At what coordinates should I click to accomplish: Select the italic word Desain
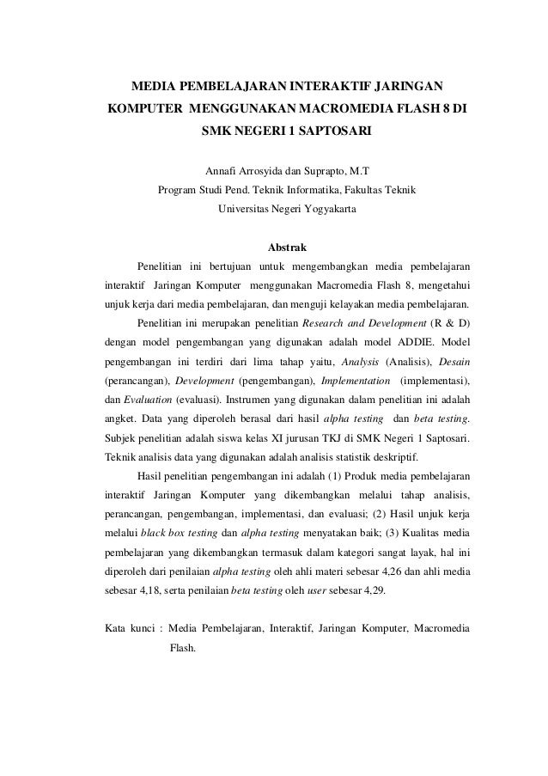click(x=453, y=360)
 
